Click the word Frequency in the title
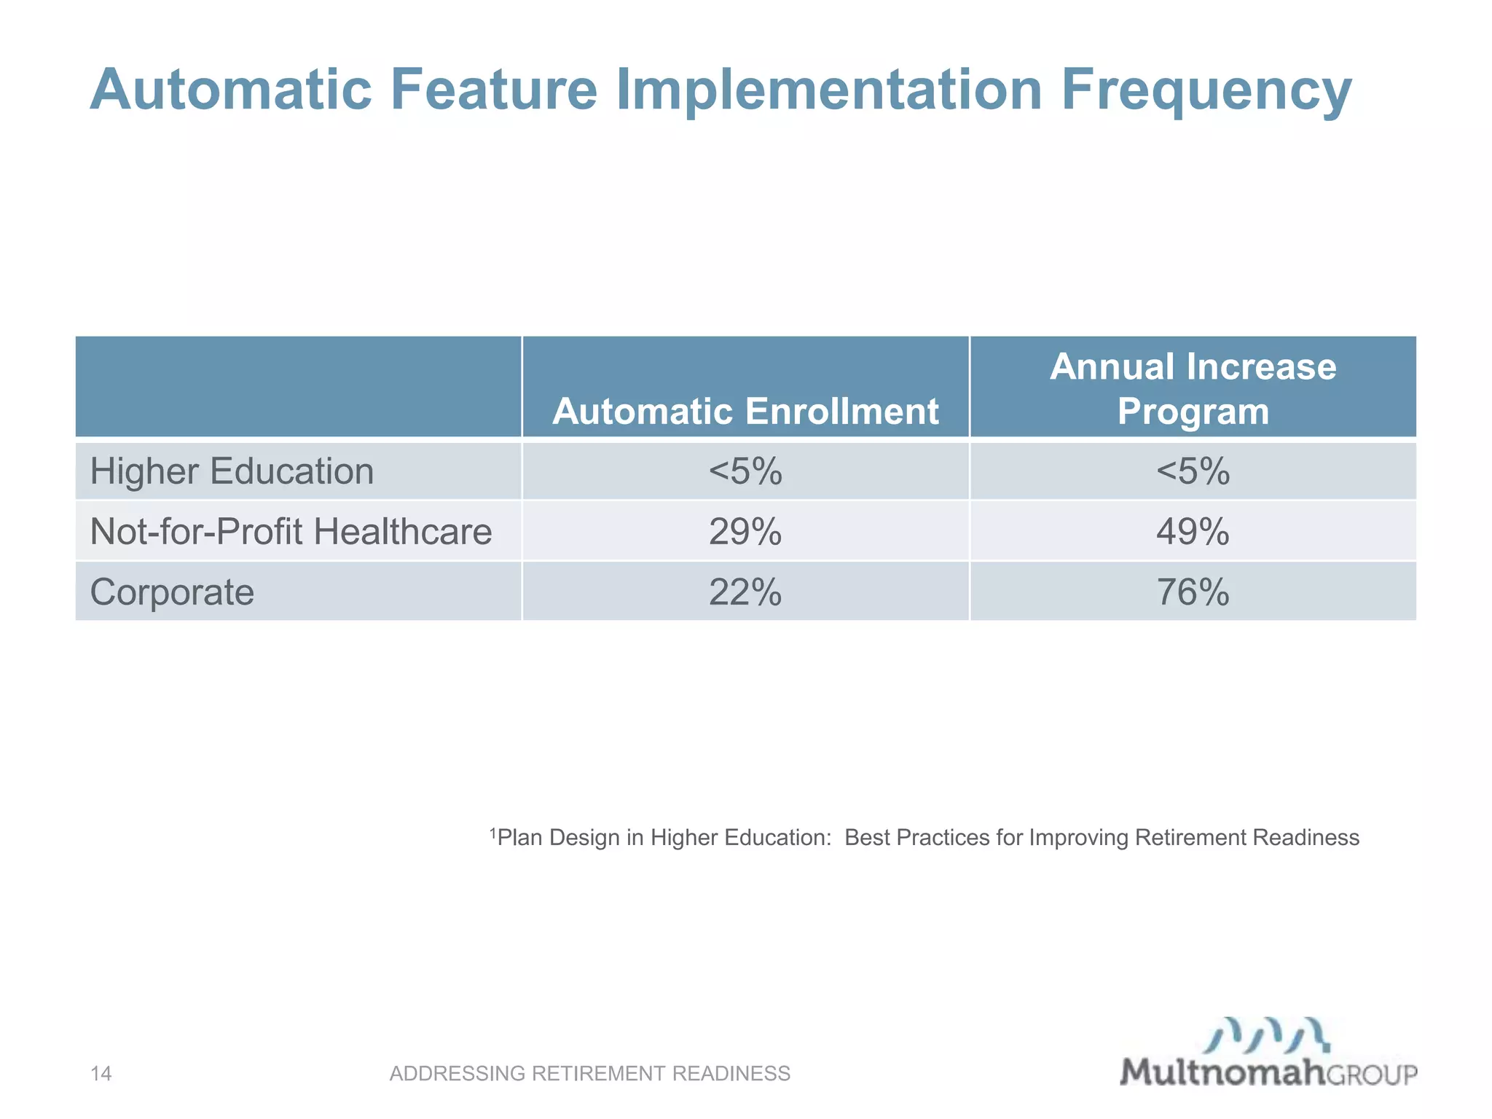point(1206,91)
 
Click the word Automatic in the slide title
point(231,90)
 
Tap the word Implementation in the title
point(829,91)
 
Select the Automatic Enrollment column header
point(745,412)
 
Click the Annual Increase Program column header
point(1193,388)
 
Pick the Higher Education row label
point(232,471)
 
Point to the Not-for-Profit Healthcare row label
point(291,531)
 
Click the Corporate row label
point(172,592)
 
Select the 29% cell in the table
point(745,532)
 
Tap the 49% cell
point(1193,532)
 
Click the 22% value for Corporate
point(745,592)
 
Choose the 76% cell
point(1193,592)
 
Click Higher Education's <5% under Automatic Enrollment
point(745,471)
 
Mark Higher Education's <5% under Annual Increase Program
point(1193,471)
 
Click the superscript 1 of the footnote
point(492,832)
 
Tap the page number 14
point(101,1073)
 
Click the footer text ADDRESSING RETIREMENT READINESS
point(589,1073)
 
